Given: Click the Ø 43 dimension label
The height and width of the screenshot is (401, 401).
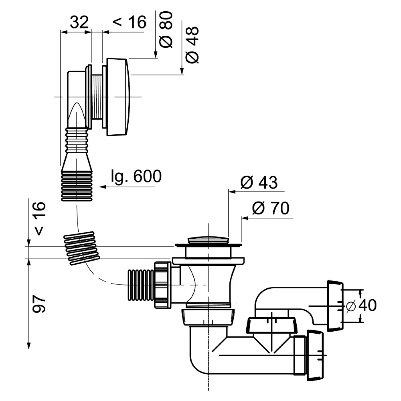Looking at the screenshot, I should click(259, 183).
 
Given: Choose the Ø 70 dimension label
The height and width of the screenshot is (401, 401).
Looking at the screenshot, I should click(271, 209).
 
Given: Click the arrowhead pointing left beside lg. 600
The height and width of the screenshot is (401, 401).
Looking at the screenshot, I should click(103, 187).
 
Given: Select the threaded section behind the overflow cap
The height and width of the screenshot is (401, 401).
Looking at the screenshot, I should click(97, 97).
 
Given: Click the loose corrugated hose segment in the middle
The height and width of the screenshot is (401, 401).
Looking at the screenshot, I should click(81, 248).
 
